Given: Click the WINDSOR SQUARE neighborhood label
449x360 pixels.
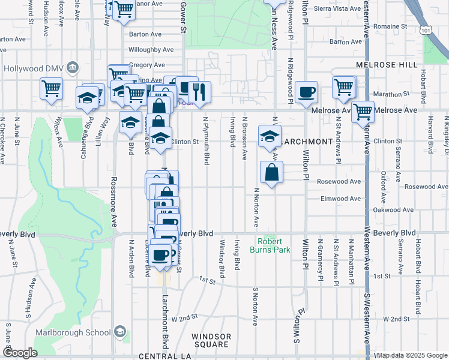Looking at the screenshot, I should click(210, 340).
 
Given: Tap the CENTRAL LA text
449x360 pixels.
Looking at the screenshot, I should click(164, 356).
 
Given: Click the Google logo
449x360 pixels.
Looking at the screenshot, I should click(20, 353).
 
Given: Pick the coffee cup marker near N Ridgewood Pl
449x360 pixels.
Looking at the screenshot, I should click(307, 92).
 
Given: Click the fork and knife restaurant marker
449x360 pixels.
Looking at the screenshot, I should click(199, 92).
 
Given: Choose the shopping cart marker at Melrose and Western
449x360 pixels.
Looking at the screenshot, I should click(363, 112).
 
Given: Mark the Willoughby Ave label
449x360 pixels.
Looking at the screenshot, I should click(150, 50).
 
